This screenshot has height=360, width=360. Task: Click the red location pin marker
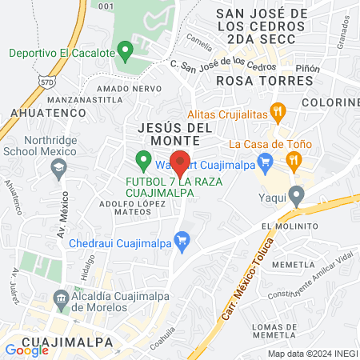pyautogui.click(x=180, y=163)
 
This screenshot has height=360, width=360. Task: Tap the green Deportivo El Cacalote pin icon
pyautogui.click(x=125, y=53)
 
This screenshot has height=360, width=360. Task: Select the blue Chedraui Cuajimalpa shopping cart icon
pyautogui.click(x=182, y=238)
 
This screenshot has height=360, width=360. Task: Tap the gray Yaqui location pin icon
pyautogui.click(x=297, y=194)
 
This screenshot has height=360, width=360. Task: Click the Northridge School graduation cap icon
pyautogui.click(x=58, y=168)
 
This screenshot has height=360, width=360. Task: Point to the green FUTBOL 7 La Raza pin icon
pyautogui.click(x=143, y=162)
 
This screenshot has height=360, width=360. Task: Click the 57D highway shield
pyautogui.click(x=47, y=79)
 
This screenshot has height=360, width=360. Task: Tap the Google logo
pyautogui.click(x=26, y=349)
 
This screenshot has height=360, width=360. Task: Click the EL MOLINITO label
pyautogui.click(x=290, y=226)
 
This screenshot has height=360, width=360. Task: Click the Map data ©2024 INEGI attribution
pyautogui.click(x=311, y=354)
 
